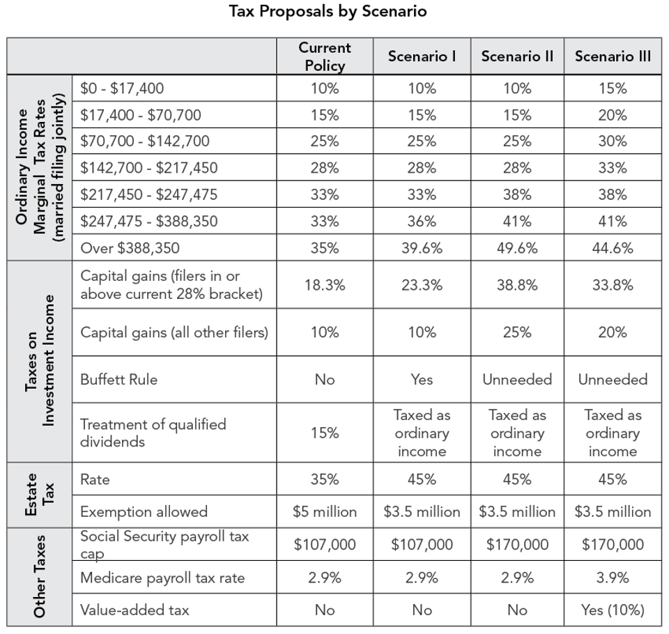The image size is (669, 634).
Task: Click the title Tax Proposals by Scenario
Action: (x=328, y=12)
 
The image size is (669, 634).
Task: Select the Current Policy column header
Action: (x=325, y=56)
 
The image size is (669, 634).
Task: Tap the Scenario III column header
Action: (x=613, y=56)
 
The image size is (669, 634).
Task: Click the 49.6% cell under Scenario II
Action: (x=517, y=247)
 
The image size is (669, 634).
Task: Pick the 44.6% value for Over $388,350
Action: (x=613, y=247)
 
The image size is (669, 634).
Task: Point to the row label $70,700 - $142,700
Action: (x=145, y=141)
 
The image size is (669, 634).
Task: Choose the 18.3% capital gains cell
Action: (x=325, y=285)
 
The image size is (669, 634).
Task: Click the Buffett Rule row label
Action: (x=118, y=380)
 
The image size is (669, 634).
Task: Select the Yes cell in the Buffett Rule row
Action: (x=422, y=380)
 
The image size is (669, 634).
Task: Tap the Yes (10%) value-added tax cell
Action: (x=613, y=610)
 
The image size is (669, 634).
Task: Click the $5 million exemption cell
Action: (x=325, y=511)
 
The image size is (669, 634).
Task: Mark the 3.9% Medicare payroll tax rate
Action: (x=613, y=578)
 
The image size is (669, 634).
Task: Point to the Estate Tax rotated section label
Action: (x=39, y=495)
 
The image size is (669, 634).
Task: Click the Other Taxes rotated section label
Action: (x=39, y=577)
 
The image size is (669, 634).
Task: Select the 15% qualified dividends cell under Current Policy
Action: (x=325, y=433)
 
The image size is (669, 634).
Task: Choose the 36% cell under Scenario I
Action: (x=422, y=221)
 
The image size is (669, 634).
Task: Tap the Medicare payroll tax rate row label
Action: (x=162, y=578)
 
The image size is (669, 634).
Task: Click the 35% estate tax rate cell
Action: (x=325, y=479)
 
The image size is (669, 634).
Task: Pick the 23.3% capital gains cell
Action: (x=422, y=285)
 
